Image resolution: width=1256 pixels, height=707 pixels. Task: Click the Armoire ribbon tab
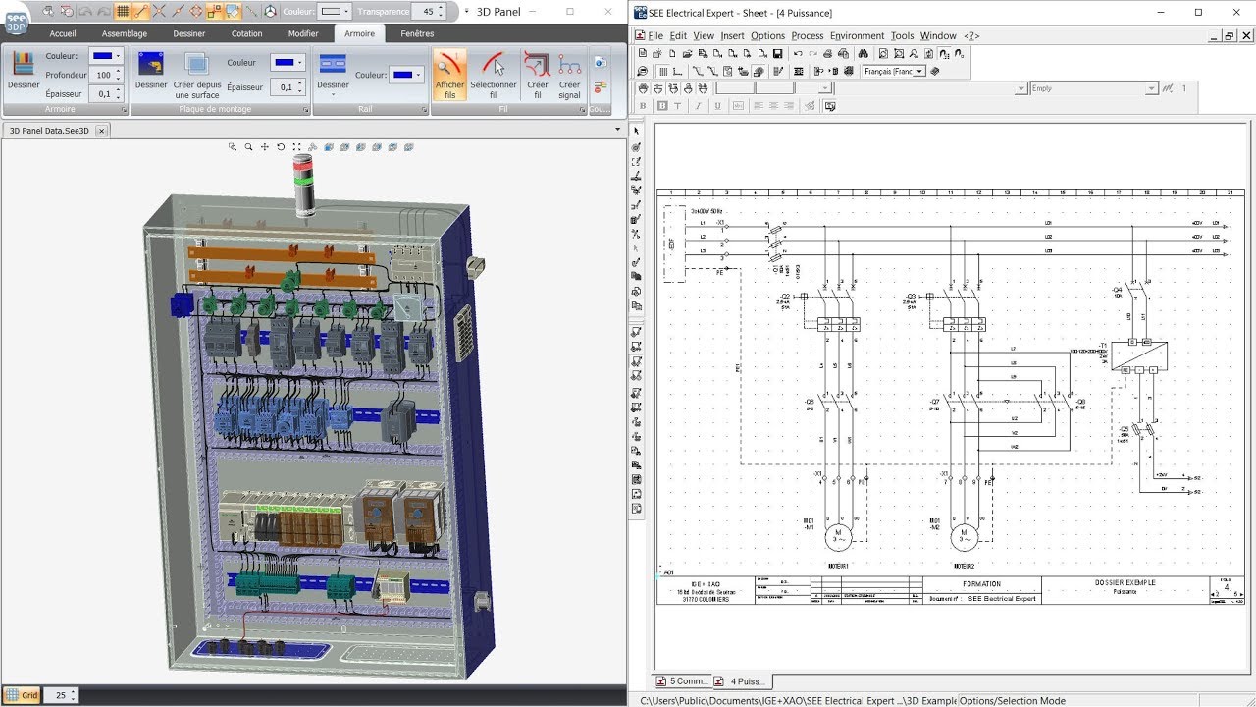(359, 33)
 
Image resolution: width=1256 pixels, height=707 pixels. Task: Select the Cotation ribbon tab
(246, 33)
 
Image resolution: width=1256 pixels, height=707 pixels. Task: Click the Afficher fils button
(449, 76)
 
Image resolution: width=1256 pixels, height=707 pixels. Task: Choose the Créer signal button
(569, 76)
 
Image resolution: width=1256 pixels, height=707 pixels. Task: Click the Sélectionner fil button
(494, 76)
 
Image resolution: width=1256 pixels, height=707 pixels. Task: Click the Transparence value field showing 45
(427, 11)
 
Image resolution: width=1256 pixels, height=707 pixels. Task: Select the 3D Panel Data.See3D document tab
(49, 131)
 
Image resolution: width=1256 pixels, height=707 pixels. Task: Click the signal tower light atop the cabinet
(305, 187)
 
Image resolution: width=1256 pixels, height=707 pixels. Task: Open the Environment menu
(857, 36)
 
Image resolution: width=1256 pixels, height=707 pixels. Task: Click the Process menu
(807, 36)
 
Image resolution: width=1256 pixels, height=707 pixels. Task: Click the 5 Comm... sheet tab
(683, 680)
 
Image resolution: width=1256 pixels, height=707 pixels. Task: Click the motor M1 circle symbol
(838, 536)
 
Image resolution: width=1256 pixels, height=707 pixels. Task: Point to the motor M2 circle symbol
(965, 536)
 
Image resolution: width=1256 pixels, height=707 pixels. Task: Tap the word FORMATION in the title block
(981, 584)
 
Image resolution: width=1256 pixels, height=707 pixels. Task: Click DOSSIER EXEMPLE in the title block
(1125, 582)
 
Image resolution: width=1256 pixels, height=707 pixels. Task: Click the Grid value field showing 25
(61, 695)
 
